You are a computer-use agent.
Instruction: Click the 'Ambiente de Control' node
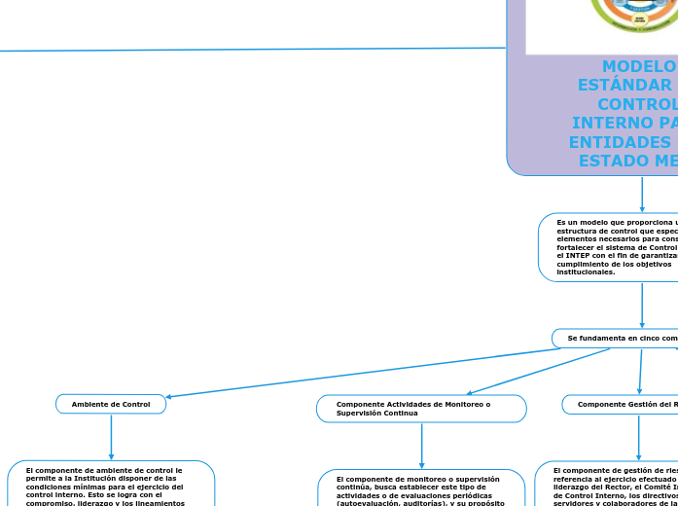tap(111, 404)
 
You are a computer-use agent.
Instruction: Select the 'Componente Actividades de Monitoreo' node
tap(421, 409)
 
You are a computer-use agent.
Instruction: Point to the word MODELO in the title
tap(638, 67)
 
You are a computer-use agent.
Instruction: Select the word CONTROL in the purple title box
tap(636, 104)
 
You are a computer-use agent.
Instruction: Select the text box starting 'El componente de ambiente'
tap(111, 485)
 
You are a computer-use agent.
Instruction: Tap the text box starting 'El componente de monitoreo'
tap(421, 488)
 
